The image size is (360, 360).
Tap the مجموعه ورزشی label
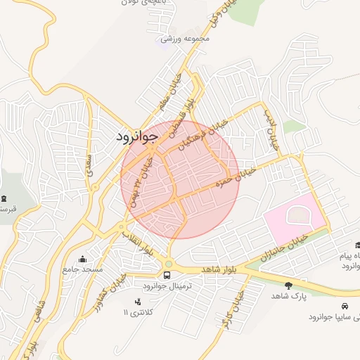pyautogui.click(x=186, y=38)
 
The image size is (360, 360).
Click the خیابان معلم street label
pyautogui.click(x=173, y=94)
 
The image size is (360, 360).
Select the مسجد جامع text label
pyautogui.click(x=83, y=269)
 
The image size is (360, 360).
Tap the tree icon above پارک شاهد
pyautogui.click(x=288, y=285)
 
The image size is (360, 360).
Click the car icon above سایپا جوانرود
pyautogui.click(x=345, y=307)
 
